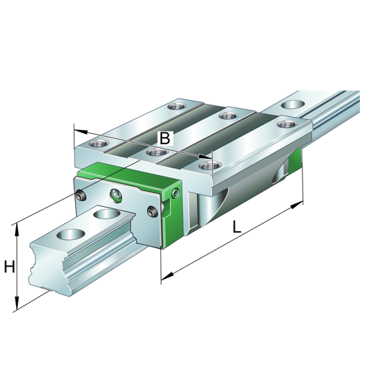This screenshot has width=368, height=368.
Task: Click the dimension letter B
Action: pos(165,137)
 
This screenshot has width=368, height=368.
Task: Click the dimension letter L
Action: pos(237,227)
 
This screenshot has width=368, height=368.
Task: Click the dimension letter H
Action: pos(9,267)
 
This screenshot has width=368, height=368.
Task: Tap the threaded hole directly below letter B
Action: pos(155,152)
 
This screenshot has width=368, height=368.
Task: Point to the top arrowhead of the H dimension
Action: pos(16,226)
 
